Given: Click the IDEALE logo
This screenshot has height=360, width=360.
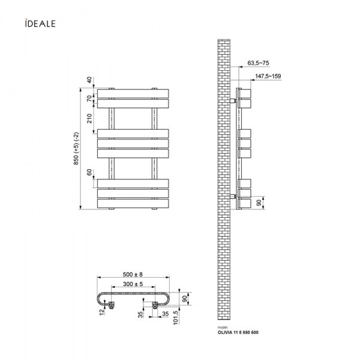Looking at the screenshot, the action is [x=40, y=23].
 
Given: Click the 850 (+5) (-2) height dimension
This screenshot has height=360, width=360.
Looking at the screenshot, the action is [x=76, y=148].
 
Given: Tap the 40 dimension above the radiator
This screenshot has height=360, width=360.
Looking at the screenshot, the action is [x=89, y=80].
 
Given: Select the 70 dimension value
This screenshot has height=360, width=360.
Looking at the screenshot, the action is [x=89, y=99].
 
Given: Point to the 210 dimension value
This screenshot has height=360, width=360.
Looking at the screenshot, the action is [x=89, y=118].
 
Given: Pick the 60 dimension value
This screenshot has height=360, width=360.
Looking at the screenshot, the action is [x=89, y=172].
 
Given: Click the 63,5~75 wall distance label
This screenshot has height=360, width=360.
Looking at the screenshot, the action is [x=258, y=63].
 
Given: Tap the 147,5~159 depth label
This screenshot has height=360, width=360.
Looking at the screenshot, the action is [x=268, y=76].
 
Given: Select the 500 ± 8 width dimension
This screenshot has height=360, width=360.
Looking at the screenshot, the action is [x=133, y=274].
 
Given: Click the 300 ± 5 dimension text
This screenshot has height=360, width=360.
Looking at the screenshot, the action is [x=133, y=284].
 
